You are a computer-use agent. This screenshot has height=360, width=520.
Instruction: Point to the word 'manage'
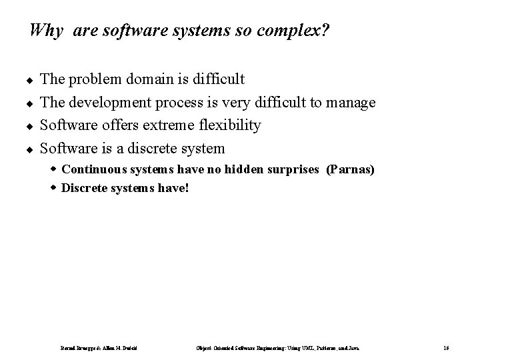click(x=351, y=103)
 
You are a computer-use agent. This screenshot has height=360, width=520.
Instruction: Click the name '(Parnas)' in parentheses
click(x=350, y=170)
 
